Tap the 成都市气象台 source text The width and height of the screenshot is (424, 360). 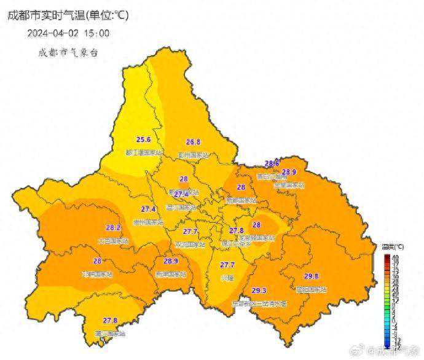[68, 52]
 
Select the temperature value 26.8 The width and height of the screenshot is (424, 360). [192, 142]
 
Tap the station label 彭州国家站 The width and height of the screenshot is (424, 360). [193, 155]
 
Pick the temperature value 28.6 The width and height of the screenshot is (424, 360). [272, 163]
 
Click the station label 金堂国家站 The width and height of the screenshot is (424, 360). [289, 184]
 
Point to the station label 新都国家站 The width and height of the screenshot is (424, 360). [240, 200]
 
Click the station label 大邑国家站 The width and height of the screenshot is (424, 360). [113, 241]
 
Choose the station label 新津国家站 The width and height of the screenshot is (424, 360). [170, 274]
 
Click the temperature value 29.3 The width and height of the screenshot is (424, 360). [259, 291]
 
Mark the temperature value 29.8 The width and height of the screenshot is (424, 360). [312, 276]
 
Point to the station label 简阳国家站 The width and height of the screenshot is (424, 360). [311, 289]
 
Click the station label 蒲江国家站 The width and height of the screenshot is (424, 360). [110, 334]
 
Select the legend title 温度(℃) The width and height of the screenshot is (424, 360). [391, 247]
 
